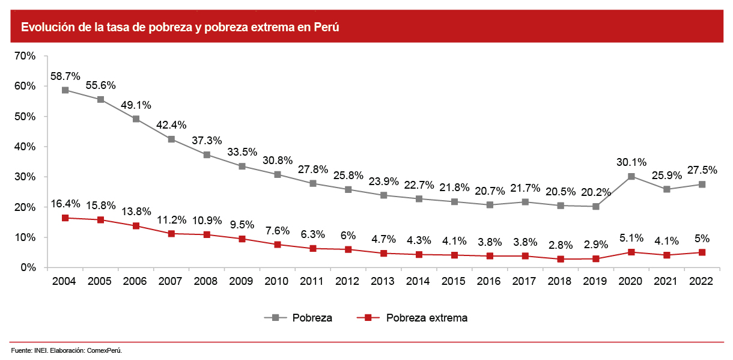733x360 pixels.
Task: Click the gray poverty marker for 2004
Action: point(64,90)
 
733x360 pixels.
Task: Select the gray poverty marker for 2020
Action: point(631,177)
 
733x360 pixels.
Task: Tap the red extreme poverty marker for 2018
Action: point(560,259)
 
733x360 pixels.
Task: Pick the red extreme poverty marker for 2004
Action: point(64,218)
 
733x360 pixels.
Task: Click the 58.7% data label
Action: point(65,76)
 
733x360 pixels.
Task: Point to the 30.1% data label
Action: point(631,162)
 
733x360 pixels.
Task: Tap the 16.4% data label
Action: point(65,204)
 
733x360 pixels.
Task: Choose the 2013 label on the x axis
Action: point(383,281)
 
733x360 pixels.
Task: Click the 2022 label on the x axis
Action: point(702,281)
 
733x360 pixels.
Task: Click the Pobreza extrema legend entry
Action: point(427,317)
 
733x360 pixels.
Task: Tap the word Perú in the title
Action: point(327,28)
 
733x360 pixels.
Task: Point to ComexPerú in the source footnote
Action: point(105,350)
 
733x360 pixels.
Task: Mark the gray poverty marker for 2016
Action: point(490,205)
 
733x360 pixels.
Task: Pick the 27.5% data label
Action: point(702,169)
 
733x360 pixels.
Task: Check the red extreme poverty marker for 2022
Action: point(702,252)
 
